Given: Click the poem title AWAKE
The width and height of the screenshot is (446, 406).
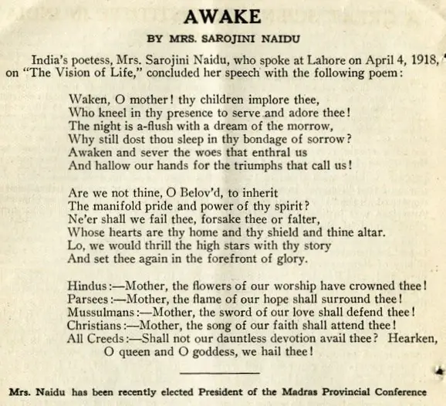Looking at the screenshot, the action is (x=222, y=15).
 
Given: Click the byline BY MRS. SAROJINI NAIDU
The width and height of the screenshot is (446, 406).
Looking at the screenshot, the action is (x=223, y=38).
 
